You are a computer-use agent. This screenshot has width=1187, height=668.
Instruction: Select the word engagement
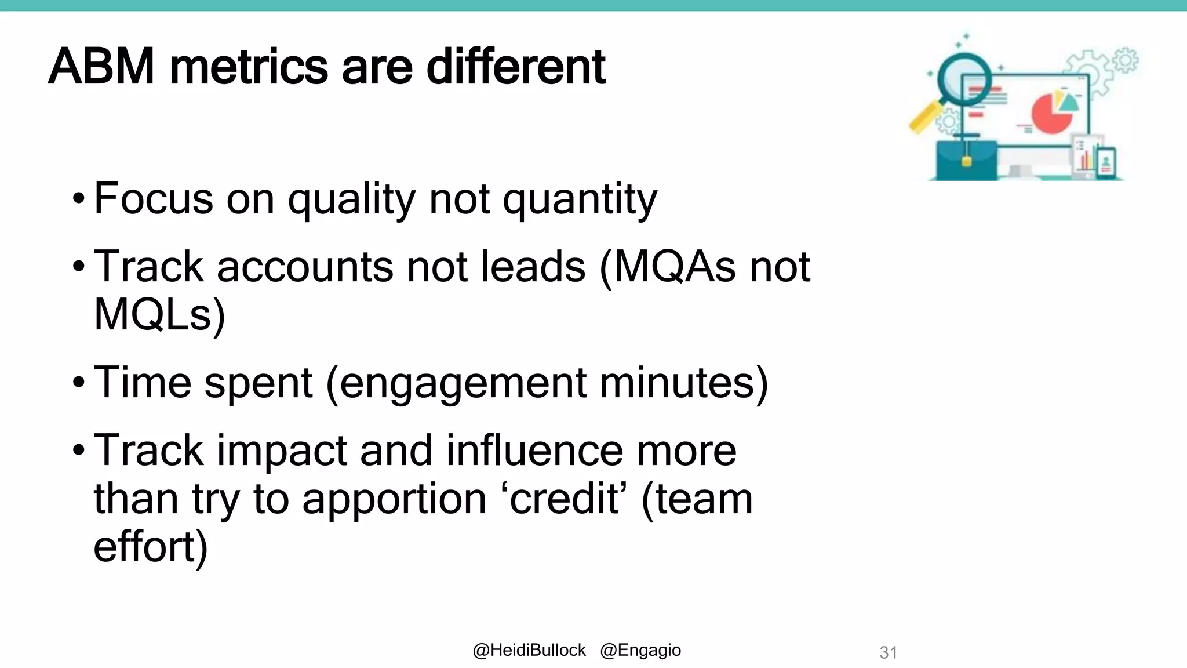(x=464, y=383)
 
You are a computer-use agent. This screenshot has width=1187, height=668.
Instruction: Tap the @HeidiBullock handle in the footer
(x=529, y=651)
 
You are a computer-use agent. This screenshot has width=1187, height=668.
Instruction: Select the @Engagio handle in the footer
(x=640, y=651)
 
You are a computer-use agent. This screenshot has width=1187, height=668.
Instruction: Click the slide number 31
(x=888, y=652)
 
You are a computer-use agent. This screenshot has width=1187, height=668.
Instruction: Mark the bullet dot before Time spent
(x=79, y=383)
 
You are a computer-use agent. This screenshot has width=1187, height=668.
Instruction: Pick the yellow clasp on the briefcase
(x=966, y=161)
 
